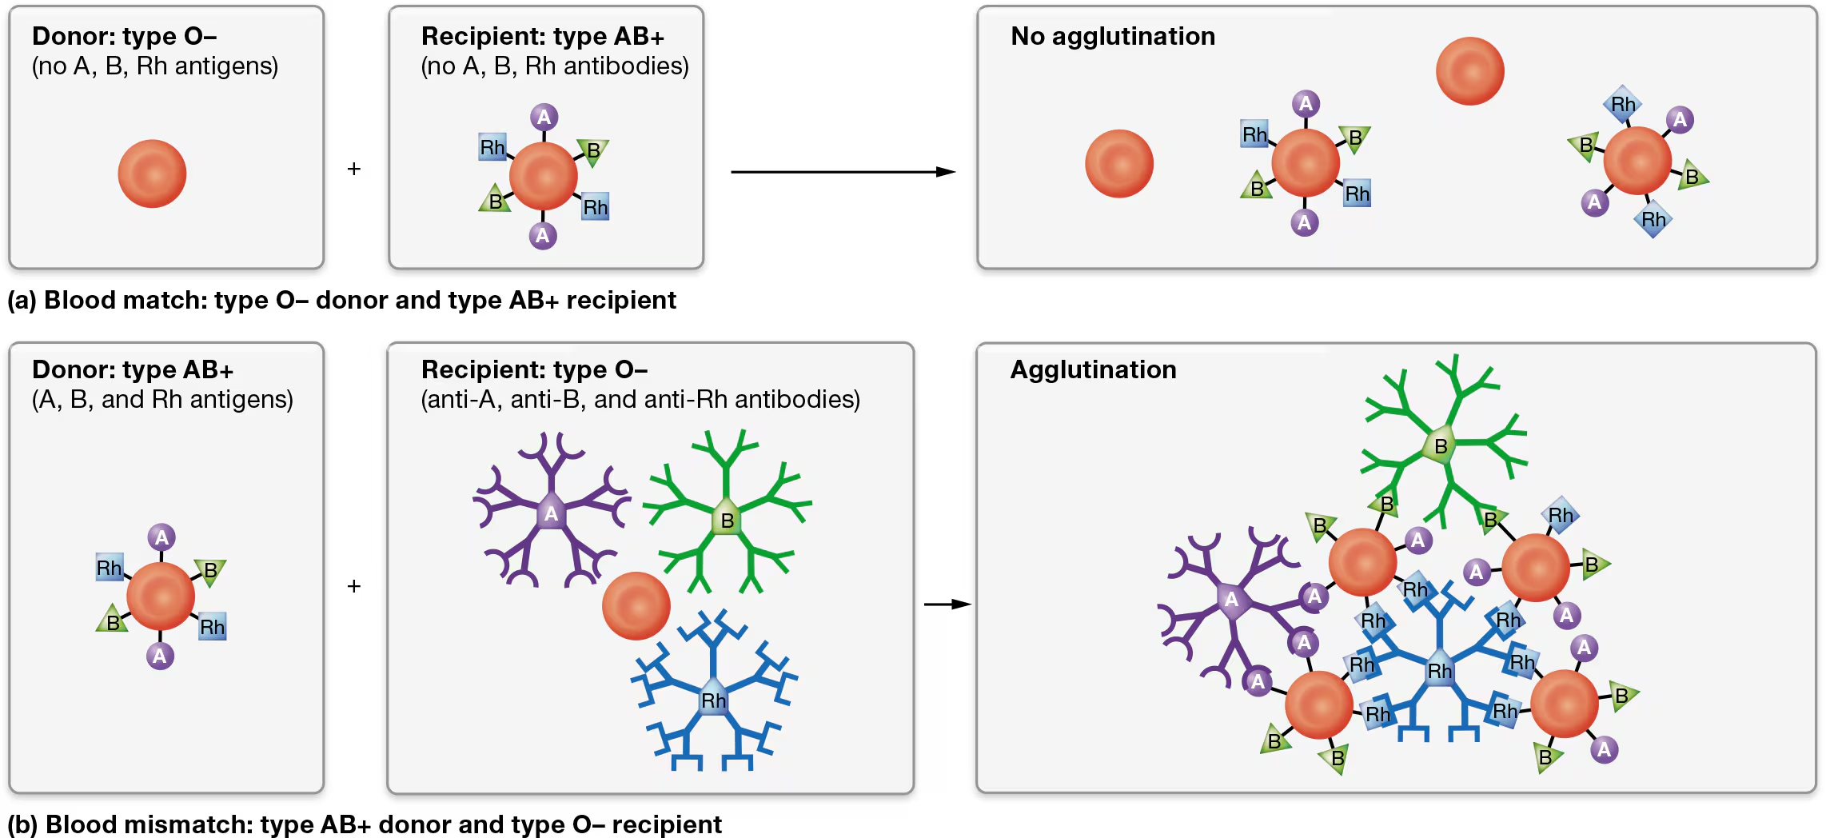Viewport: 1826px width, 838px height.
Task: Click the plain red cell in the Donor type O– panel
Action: pyautogui.click(x=152, y=174)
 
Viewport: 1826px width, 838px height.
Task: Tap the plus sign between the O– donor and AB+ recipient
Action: pyautogui.click(x=354, y=169)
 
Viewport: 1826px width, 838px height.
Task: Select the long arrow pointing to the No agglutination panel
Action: pyautogui.click(x=843, y=172)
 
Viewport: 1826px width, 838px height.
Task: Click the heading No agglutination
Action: pyautogui.click(x=1112, y=37)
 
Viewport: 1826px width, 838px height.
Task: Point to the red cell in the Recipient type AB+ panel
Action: pyautogui.click(x=543, y=177)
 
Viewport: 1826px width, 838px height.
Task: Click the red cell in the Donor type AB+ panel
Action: pyautogui.click(x=161, y=597)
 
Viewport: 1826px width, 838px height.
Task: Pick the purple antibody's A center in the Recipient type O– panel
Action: pyautogui.click(x=551, y=513)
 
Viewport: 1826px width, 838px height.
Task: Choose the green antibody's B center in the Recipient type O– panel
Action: pyautogui.click(x=727, y=520)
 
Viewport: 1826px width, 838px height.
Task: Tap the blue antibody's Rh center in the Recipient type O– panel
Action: pyautogui.click(x=713, y=700)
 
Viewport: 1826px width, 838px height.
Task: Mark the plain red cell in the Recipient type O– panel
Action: pyautogui.click(x=636, y=605)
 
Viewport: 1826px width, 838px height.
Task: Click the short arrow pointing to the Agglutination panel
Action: pyautogui.click(x=947, y=605)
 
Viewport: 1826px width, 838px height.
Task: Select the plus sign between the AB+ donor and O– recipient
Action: pyautogui.click(x=354, y=586)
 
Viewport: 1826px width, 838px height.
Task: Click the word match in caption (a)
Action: pyautogui.click(x=173, y=301)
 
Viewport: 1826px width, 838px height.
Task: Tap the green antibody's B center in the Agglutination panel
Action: pyautogui.click(x=1441, y=446)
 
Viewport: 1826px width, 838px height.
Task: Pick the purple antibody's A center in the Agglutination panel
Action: pyautogui.click(x=1231, y=600)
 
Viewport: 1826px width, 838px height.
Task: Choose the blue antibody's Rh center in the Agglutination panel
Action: pyautogui.click(x=1439, y=671)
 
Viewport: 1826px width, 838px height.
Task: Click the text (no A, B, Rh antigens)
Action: pyautogui.click(x=155, y=66)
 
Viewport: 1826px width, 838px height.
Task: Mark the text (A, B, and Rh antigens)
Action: pyautogui.click(x=162, y=399)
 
